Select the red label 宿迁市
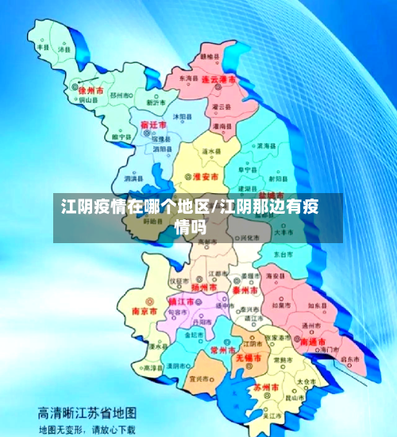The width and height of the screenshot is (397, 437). coord(152,126)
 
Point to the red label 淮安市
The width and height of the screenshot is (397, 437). coord(206,176)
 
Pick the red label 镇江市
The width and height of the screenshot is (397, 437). coord(182,302)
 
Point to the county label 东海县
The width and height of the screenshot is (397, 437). coord(189,79)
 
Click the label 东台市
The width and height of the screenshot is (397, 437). coord(283,254)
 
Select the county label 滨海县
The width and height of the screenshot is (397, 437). coord(266,146)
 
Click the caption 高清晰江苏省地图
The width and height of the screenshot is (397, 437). coord(87,414)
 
